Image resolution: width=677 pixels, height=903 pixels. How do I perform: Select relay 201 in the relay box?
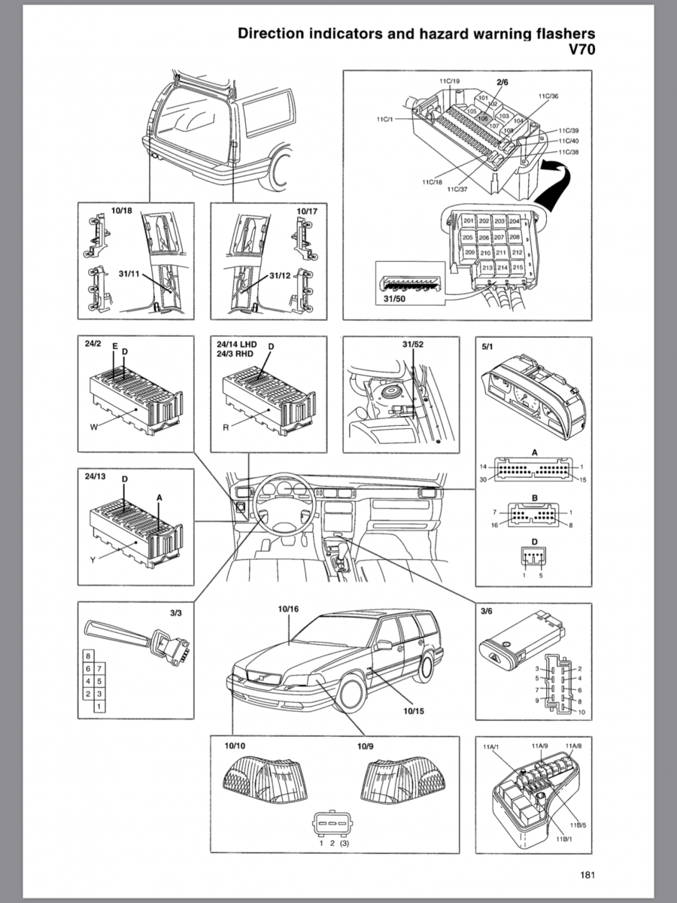tap(469, 221)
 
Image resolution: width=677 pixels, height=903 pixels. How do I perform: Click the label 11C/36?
tap(548, 96)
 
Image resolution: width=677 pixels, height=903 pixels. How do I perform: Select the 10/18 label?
tap(121, 212)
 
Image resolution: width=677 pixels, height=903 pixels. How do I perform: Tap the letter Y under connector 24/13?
tap(91, 561)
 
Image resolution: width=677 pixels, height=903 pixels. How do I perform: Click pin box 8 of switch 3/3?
tap(89, 655)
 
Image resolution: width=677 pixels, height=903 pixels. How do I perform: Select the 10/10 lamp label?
tap(234, 746)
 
